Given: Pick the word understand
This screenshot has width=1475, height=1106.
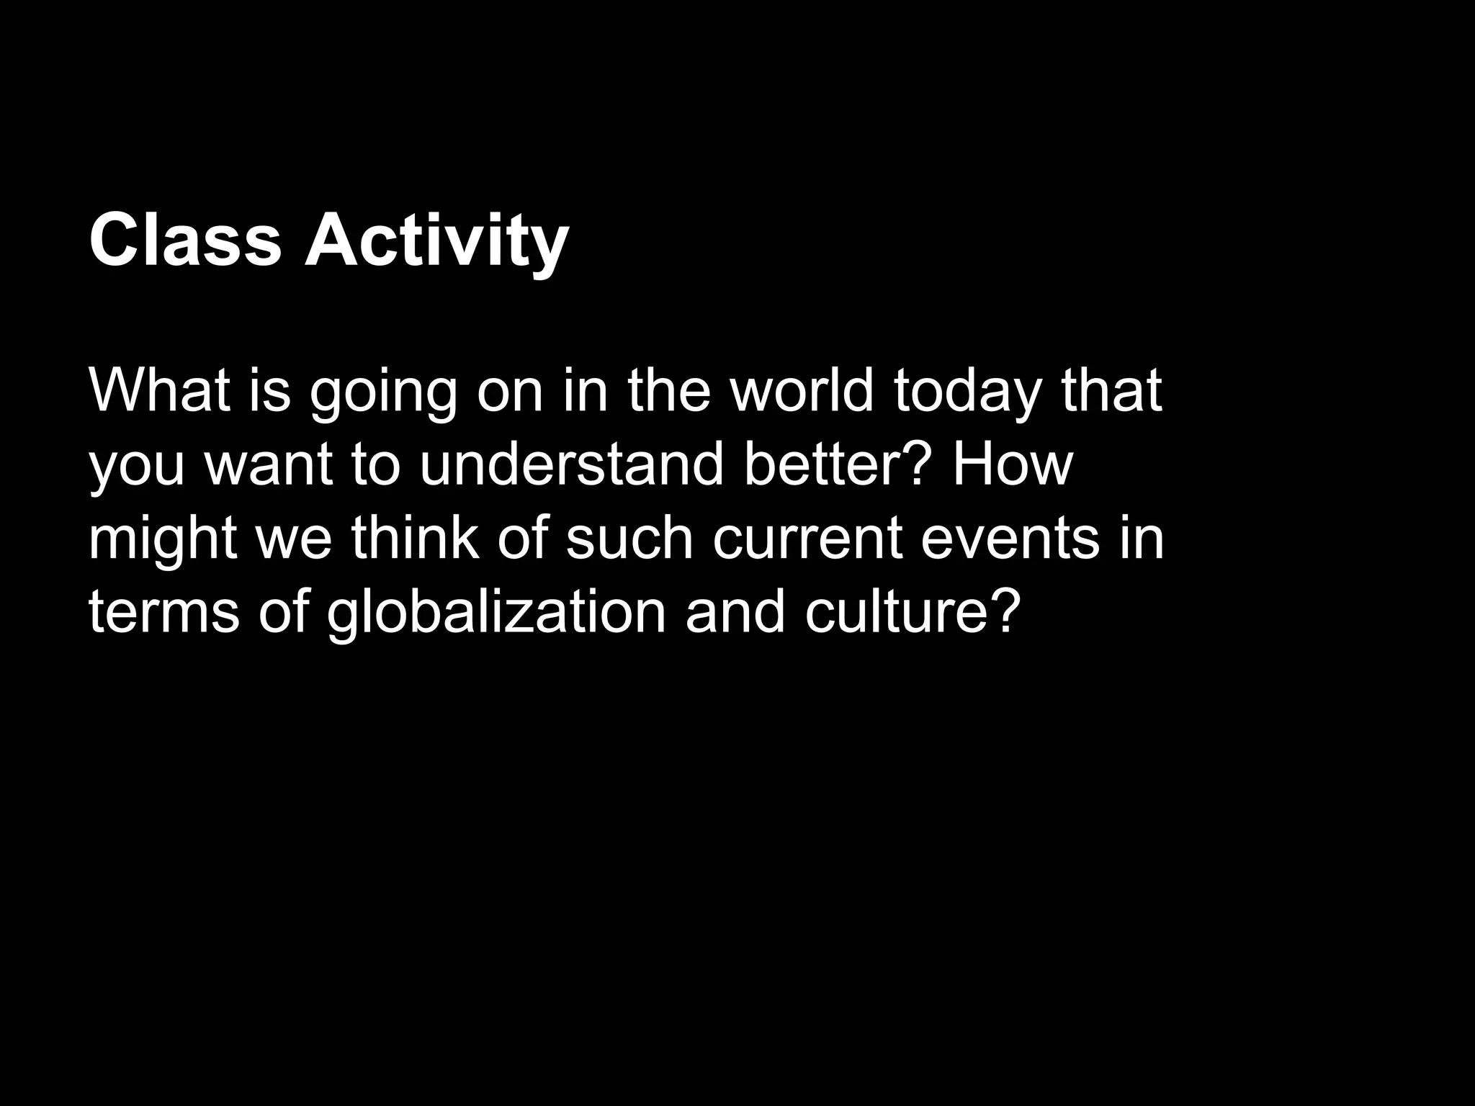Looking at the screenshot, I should pos(571,464).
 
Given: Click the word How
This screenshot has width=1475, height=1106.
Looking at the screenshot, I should pos(1013,464).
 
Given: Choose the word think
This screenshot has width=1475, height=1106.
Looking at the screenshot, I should pos(416,539).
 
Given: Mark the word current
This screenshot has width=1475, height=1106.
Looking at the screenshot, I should pos(807,539).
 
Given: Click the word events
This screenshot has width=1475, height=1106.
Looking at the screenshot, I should pos(1010,539).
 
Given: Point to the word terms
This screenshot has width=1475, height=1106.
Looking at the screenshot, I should pos(164,612).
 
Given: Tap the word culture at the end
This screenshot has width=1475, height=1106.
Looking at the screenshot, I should pos(913,612).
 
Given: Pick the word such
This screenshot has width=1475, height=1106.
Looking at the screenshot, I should pos(629,539).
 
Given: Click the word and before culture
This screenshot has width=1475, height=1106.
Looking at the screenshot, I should pos(735,612).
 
